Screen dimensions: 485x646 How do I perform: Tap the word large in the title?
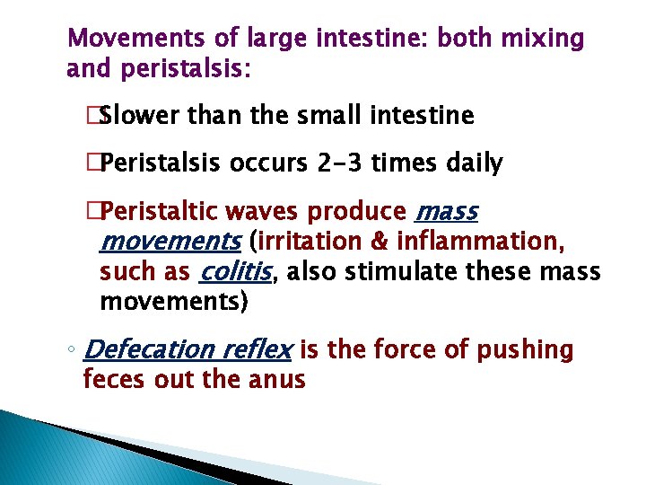(x=266, y=40)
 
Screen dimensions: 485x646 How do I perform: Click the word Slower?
(x=143, y=115)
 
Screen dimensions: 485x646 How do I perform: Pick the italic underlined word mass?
(x=447, y=212)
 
